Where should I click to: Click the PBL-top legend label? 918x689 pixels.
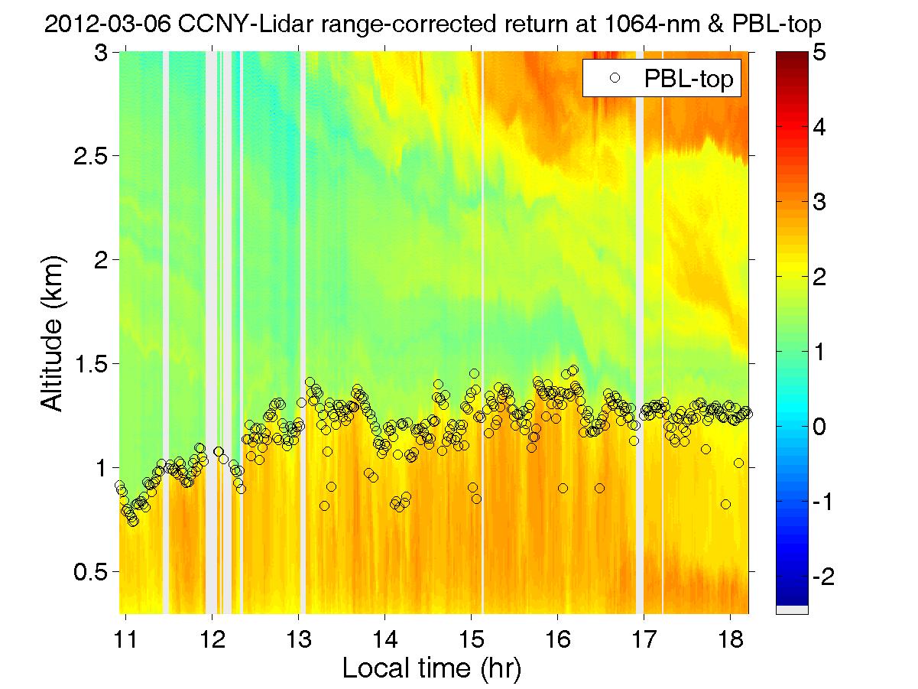point(689,79)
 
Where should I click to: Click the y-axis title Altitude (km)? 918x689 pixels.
point(52,333)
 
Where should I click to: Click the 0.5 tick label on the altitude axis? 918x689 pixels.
point(89,571)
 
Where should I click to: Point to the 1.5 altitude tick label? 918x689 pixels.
point(89,363)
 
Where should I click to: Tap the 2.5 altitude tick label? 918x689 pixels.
point(89,156)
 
